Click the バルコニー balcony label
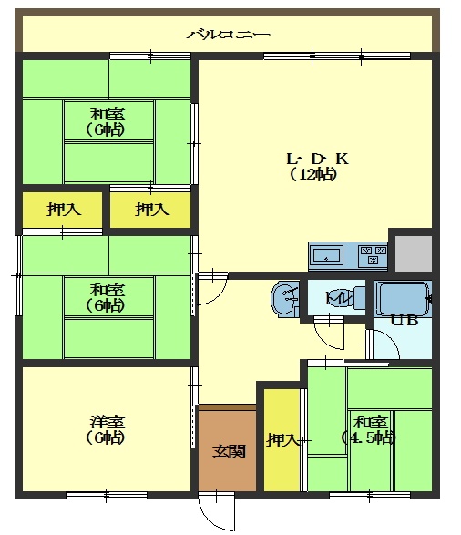click(228, 35)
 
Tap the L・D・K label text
click(317, 159)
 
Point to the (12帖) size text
click(313, 174)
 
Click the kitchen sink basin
click(327, 255)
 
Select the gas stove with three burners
click(373, 255)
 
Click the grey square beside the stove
click(414, 253)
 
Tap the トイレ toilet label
click(338, 298)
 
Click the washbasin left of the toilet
click(285, 298)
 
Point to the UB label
click(405, 321)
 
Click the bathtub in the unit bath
click(403, 298)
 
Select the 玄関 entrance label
click(230, 451)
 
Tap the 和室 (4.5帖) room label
click(370, 430)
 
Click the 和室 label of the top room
click(108, 114)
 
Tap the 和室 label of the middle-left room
click(108, 290)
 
